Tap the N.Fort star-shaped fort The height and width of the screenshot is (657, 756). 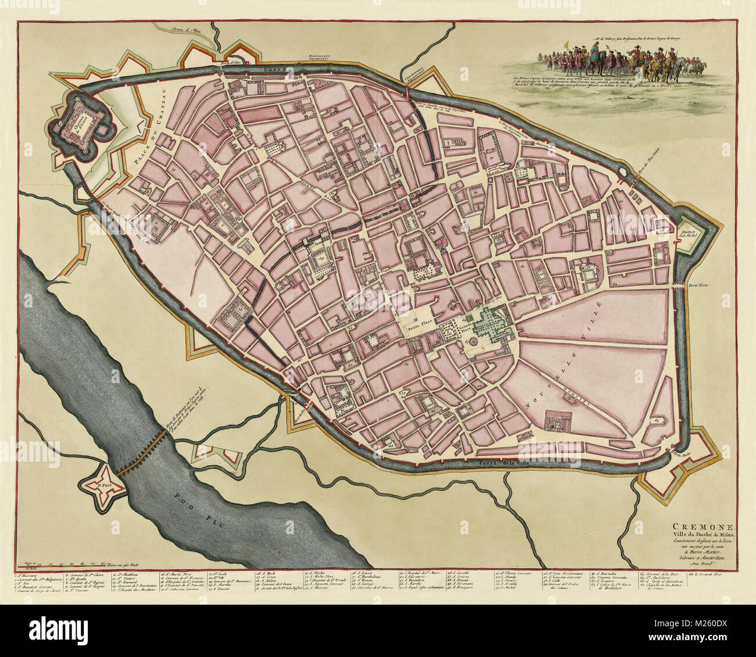click(105, 480)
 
